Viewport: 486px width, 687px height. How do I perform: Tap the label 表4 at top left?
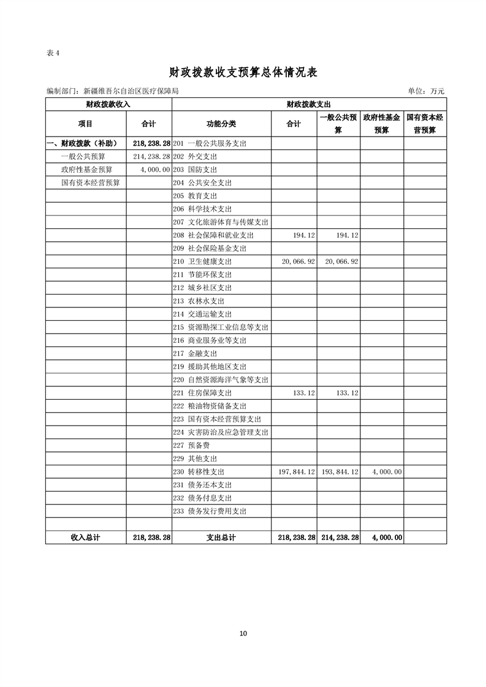coord(53,53)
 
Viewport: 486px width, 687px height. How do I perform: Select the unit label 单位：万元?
coord(426,91)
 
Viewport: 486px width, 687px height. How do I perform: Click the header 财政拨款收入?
coord(108,104)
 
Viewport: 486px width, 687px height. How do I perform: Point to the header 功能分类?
coord(221,124)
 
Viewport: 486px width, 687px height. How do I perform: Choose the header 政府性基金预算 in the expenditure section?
coord(381,124)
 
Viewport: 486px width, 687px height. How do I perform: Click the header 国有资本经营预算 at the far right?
coord(425,124)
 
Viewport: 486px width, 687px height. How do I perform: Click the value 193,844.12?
coord(339,472)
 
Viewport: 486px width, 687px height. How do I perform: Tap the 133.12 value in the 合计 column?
coord(305,393)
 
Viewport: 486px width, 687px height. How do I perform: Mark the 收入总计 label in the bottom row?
coord(85,537)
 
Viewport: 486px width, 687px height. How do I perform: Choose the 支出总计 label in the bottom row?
coord(221,537)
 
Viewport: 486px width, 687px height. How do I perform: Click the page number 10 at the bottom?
coord(243,633)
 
